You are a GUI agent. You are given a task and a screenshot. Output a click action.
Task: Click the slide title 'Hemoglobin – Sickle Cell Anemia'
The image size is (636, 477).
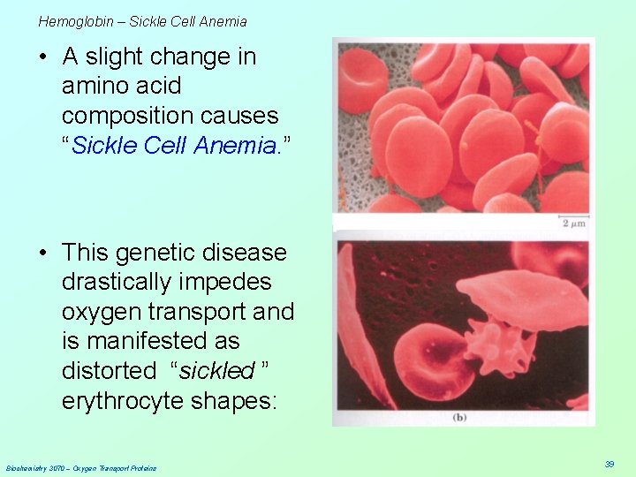click(142, 21)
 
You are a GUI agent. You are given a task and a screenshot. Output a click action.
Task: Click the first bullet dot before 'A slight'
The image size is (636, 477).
click(42, 57)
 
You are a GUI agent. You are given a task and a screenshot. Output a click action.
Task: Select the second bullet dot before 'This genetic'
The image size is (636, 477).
click(42, 254)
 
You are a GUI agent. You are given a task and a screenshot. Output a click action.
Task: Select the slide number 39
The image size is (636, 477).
click(609, 464)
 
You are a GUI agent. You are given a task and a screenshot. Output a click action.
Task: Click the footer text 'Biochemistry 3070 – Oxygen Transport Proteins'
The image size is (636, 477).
click(81, 467)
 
